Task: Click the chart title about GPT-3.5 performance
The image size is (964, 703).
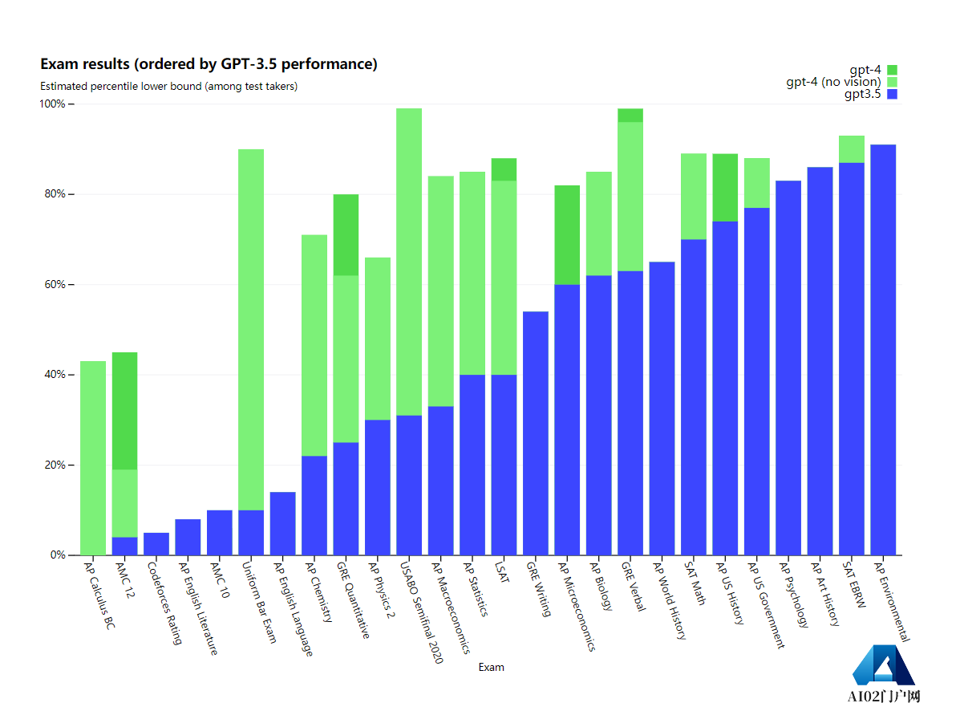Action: click(x=209, y=64)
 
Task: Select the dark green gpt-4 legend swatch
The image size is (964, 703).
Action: click(x=892, y=70)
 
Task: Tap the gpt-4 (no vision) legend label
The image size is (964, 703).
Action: click(x=833, y=82)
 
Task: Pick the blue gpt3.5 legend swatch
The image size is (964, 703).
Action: click(x=892, y=94)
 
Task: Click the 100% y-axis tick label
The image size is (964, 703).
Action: click(x=55, y=104)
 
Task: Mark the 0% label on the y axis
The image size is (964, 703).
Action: click(x=59, y=555)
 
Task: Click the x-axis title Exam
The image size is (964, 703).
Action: click(x=491, y=667)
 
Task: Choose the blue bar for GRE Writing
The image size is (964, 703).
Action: click(x=535, y=433)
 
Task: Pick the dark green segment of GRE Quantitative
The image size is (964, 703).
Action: click(x=346, y=234)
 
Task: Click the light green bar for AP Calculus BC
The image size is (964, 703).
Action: click(x=93, y=457)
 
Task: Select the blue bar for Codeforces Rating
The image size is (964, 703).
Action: click(x=156, y=544)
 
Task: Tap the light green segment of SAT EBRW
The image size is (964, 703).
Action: click(x=851, y=149)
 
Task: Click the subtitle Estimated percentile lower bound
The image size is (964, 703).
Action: click(x=168, y=87)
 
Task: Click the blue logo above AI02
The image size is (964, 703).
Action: click(x=882, y=664)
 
